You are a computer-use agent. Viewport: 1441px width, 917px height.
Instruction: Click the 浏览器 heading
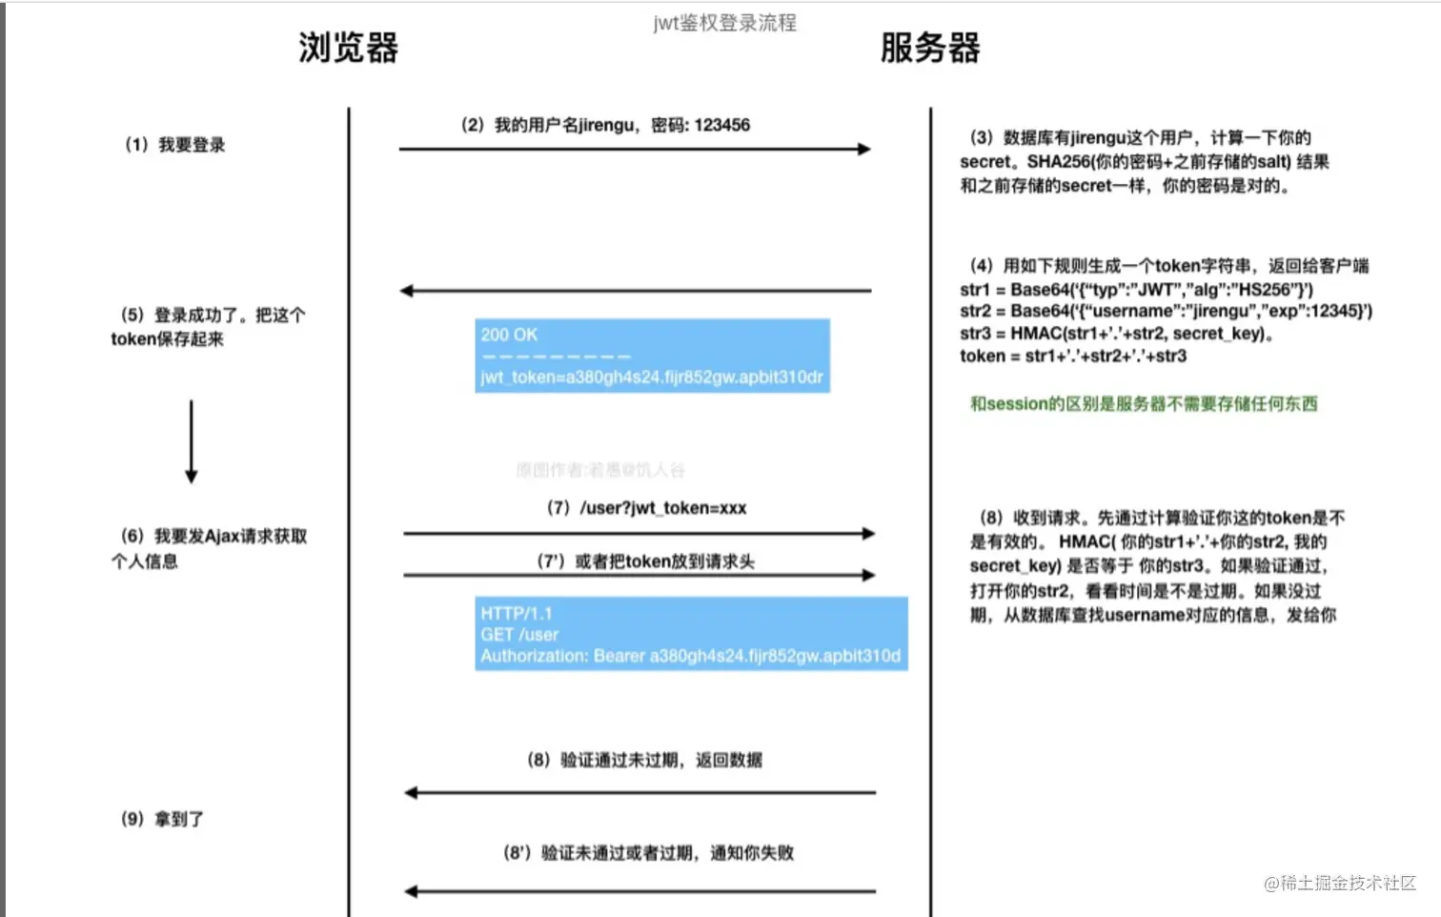348,48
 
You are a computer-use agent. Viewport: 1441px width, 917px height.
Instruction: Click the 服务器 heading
930,48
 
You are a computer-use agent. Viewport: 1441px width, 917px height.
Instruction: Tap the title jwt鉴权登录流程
724,23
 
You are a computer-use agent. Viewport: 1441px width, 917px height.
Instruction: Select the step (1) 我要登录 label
175,145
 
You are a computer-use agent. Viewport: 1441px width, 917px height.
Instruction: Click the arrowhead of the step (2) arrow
863,149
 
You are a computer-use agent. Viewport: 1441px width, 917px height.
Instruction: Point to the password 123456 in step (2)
721,125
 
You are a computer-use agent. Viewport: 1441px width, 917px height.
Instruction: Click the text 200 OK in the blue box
509,335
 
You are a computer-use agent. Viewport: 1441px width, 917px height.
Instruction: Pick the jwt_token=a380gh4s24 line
651,377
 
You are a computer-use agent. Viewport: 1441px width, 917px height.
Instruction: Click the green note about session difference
1144,404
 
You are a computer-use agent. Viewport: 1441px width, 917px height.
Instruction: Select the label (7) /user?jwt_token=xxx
647,508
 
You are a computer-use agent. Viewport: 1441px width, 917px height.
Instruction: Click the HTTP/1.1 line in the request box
517,613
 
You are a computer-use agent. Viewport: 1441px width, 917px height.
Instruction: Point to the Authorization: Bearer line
690,656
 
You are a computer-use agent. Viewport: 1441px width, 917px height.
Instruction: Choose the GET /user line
519,635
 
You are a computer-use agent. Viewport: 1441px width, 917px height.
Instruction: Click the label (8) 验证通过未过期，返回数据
645,760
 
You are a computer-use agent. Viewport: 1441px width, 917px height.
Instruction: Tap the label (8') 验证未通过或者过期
648,853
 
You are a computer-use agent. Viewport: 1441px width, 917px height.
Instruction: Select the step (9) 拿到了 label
163,819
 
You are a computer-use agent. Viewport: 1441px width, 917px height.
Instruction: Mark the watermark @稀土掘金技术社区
1340,884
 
